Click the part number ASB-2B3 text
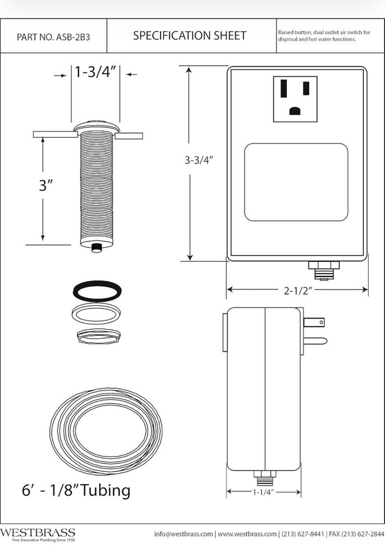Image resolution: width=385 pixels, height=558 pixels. (53, 37)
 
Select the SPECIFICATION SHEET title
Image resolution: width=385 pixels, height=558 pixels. (189, 36)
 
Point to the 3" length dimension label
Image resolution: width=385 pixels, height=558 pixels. (46, 186)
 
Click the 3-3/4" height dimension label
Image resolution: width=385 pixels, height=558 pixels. (199, 160)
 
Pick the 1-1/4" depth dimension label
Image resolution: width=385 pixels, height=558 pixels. (264, 493)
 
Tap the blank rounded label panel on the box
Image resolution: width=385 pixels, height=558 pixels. (296, 182)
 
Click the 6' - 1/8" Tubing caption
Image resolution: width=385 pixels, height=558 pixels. (76, 490)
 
